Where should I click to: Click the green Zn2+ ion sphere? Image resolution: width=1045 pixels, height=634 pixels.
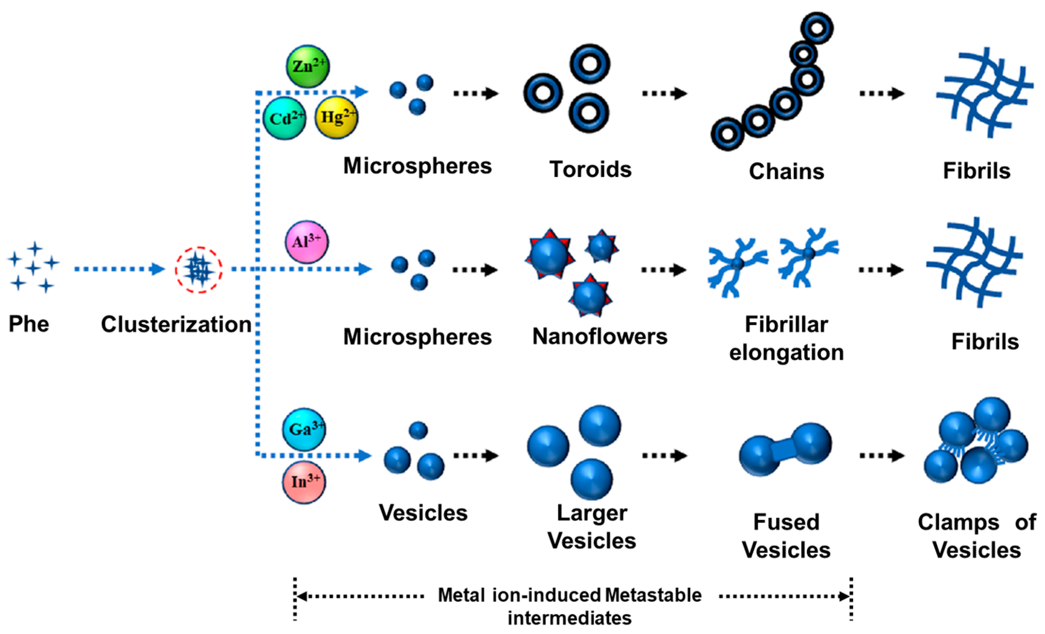click(x=307, y=66)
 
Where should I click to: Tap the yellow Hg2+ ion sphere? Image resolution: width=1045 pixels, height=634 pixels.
click(x=336, y=117)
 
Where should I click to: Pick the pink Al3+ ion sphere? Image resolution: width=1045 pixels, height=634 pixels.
click(x=306, y=242)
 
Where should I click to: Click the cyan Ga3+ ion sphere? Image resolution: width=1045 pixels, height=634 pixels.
click(x=304, y=429)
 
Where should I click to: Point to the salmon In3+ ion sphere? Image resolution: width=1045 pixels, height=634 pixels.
click(x=304, y=482)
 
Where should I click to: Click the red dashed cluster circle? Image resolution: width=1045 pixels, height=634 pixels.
click(x=199, y=270)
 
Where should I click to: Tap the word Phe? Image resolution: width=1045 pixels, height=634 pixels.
click(x=29, y=324)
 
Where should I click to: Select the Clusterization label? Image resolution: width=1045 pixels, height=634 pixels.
click(x=176, y=325)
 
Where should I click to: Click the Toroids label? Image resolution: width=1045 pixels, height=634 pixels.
click(x=590, y=170)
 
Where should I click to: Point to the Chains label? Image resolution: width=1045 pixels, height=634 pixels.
click(x=786, y=172)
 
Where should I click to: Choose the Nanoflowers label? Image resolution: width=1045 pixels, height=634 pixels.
click(x=600, y=337)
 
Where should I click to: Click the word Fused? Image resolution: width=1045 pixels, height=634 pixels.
click(x=786, y=522)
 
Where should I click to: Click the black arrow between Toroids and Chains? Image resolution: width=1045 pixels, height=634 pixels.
click(x=664, y=93)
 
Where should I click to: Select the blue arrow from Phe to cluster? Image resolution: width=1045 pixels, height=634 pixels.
click(x=119, y=269)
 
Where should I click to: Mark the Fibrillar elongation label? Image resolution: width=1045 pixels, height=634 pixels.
click(x=786, y=338)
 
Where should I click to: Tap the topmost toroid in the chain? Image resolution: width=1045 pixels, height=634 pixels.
click(x=817, y=28)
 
